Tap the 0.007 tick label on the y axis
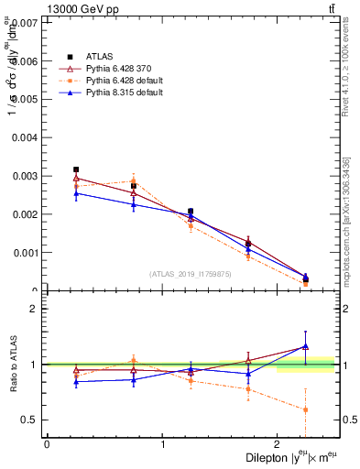click(x=25, y=22)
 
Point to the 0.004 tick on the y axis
click(x=25, y=137)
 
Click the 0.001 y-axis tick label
click(x=25, y=253)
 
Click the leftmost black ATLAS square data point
click(x=76, y=169)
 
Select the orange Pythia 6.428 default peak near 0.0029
click(x=134, y=180)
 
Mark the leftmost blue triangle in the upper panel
click(x=76, y=193)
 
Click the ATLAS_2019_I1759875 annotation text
click(x=191, y=273)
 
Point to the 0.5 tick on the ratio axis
click(x=29, y=420)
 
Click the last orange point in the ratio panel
click(x=305, y=409)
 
